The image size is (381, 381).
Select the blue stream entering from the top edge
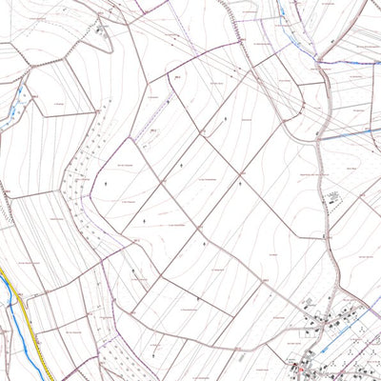pyautogui.click(x=285, y=14)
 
